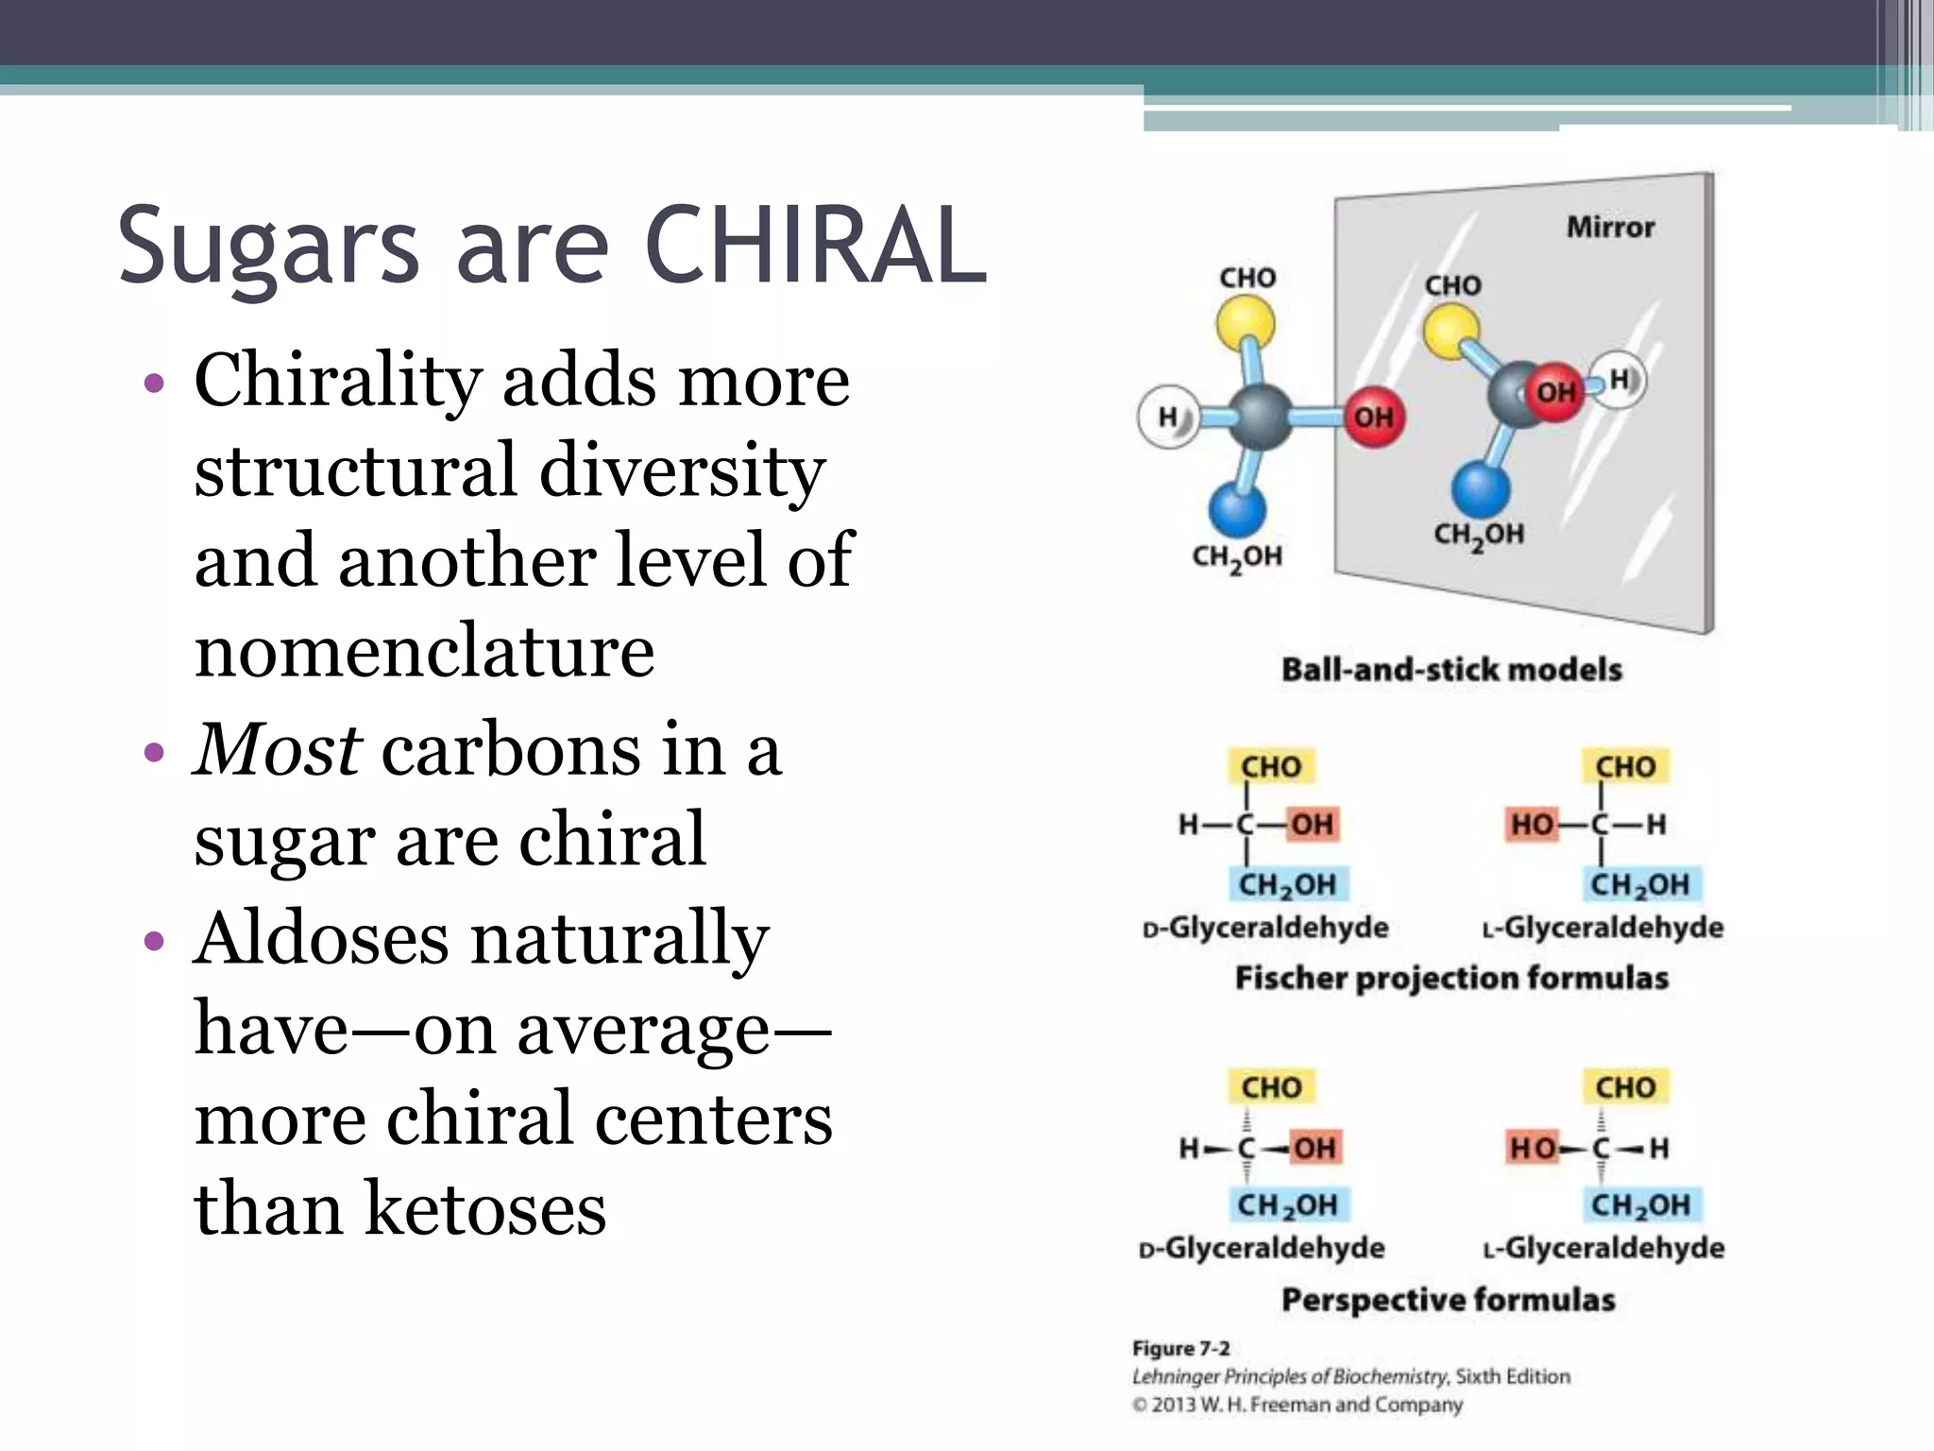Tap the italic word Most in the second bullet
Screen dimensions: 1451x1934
(x=277, y=749)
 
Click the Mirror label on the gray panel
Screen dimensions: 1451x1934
(x=1610, y=228)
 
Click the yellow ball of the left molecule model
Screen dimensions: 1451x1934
(x=1245, y=323)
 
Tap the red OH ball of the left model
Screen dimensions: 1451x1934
(x=1373, y=417)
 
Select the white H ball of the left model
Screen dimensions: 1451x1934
(x=1169, y=416)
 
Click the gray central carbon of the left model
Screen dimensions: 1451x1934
(x=1260, y=416)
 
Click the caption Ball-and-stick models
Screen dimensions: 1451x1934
(x=1451, y=670)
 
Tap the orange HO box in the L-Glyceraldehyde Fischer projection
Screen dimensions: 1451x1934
(x=1531, y=825)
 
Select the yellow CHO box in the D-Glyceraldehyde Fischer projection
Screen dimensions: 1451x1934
(x=1271, y=766)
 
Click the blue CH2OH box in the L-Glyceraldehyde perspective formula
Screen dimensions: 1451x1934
(x=1640, y=1205)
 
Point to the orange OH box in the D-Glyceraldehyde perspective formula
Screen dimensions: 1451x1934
(x=1314, y=1148)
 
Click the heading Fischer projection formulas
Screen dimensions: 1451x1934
(x=1451, y=978)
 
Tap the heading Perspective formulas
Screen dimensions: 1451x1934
(x=1448, y=1300)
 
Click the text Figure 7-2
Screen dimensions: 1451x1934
(x=1180, y=1348)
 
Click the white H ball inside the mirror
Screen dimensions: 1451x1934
(x=1619, y=380)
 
